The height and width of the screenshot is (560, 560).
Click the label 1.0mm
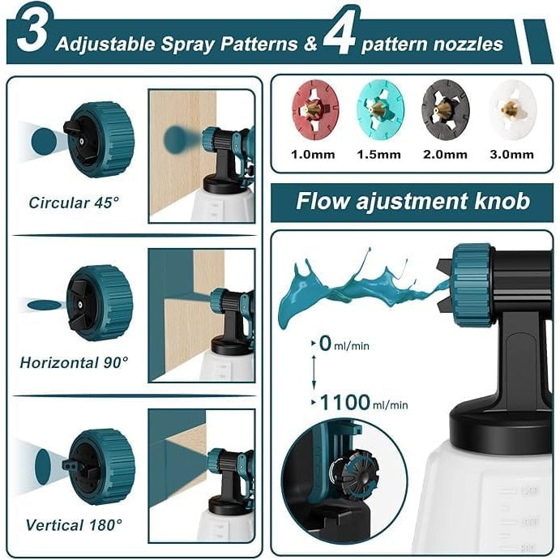click(313, 155)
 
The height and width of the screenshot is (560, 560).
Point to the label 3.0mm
click(512, 155)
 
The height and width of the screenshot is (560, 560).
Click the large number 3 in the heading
click(32, 32)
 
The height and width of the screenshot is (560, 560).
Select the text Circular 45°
click(74, 203)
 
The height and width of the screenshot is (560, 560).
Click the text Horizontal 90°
click(74, 362)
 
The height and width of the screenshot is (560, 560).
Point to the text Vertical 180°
click(74, 525)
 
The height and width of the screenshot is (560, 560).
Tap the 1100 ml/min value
click(363, 403)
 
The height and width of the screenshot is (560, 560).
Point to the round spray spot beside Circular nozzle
click(44, 141)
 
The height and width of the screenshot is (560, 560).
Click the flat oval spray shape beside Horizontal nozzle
click(45, 305)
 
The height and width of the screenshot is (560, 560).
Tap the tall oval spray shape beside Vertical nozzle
click(42, 467)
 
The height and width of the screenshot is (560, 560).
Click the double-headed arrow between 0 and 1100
click(314, 373)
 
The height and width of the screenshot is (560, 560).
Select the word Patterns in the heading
click(259, 44)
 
